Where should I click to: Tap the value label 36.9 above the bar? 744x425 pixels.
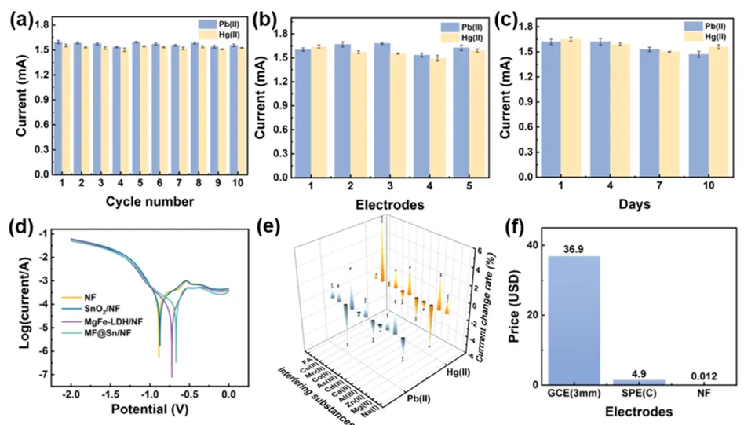[x=578, y=249]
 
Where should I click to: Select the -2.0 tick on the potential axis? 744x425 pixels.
[x=71, y=395]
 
